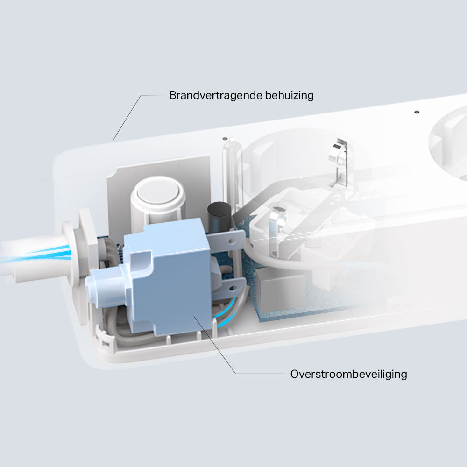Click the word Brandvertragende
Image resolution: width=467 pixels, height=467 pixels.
click(216, 95)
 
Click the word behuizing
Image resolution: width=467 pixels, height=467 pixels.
click(289, 96)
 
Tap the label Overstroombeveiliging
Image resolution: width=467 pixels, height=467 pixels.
click(348, 374)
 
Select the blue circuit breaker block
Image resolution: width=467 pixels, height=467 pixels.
click(167, 277)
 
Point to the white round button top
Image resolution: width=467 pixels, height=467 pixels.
click(158, 190)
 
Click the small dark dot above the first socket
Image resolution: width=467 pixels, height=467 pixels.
click(225, 139)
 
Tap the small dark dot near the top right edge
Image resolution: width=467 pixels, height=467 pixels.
click(417, 112)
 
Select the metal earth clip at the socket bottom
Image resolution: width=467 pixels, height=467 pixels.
click(277, 226)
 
